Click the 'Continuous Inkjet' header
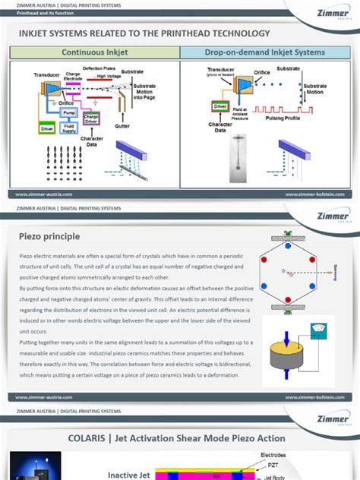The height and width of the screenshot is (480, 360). coord(95,52)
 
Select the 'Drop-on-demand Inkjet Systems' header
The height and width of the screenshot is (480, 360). coord(264,52)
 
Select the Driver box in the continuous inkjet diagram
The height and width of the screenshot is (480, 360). coord(47,129)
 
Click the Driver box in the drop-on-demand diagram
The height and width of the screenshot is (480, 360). coord(220,107)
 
